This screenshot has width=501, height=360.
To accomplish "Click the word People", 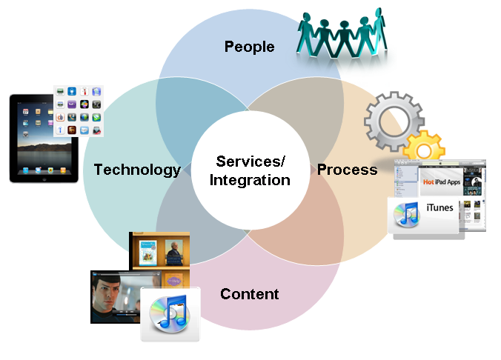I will [249, 47].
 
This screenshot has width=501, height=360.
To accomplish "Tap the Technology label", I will [137, 170].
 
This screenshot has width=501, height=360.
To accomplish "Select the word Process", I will [347, 170].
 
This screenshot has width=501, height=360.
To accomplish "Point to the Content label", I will [249, 294].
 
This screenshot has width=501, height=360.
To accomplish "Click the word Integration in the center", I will [250, 179].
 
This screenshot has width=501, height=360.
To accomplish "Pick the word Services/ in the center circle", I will [250, 161].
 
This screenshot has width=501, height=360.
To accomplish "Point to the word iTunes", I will [439, 208].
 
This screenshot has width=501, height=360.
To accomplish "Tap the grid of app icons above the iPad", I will [78, 111].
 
